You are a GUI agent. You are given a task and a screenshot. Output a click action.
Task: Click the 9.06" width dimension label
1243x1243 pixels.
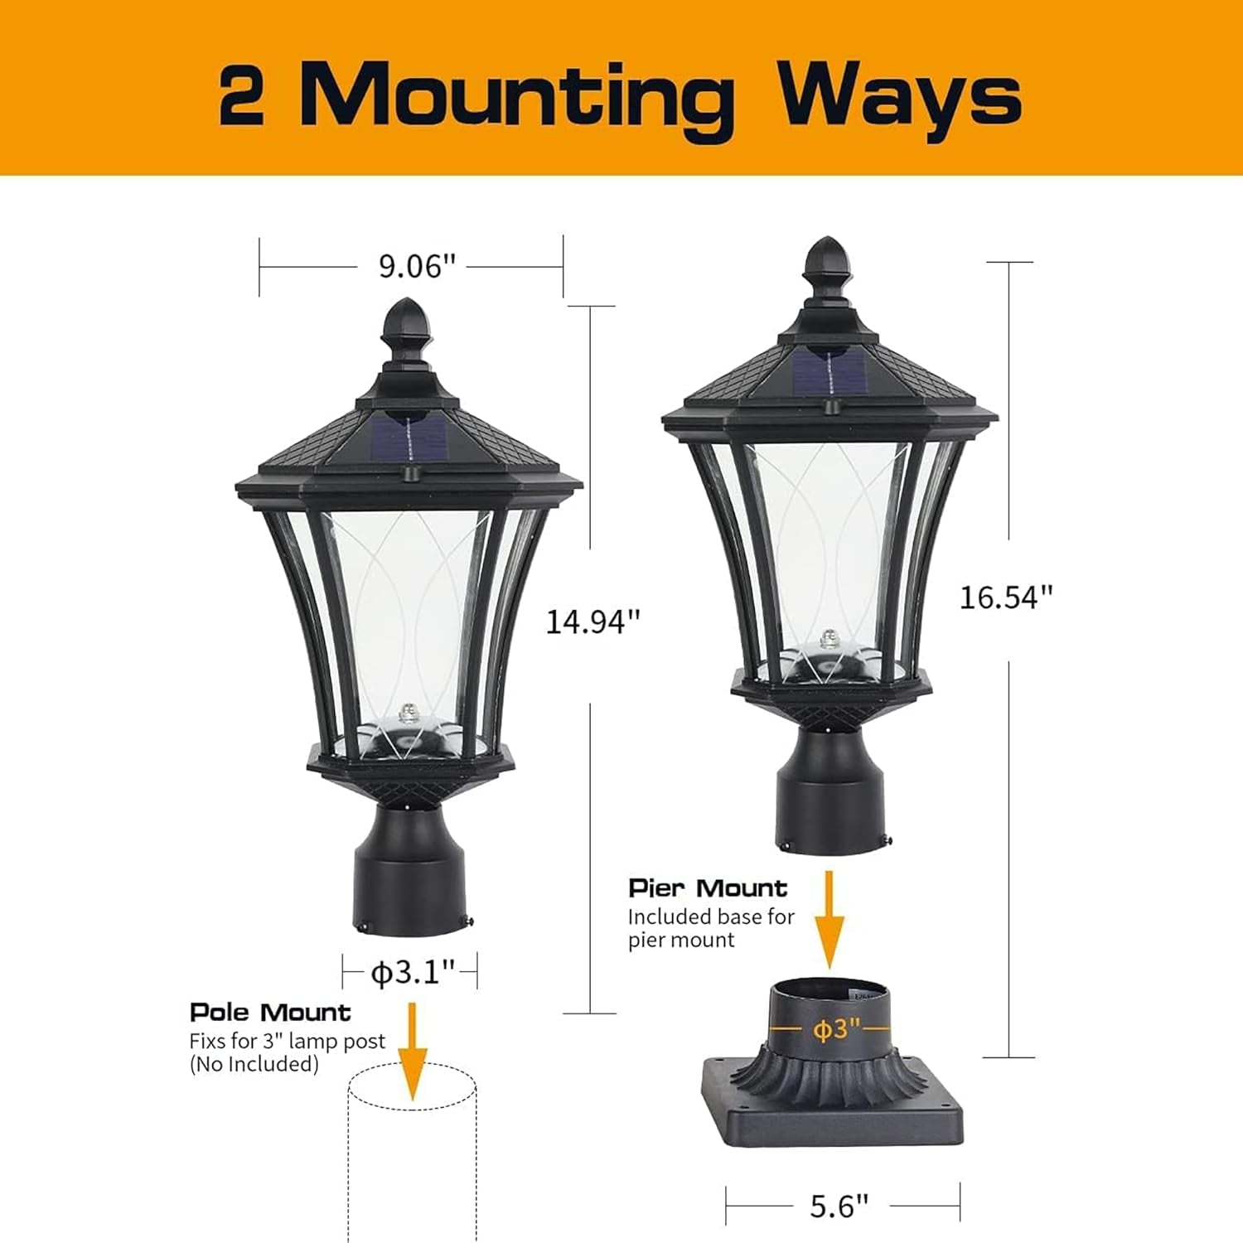[x=418, y=267]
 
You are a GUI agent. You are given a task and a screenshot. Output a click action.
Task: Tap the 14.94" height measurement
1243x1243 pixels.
[x=592, y=621]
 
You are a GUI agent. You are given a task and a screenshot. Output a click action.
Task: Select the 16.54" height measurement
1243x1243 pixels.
[x=1005, y=597]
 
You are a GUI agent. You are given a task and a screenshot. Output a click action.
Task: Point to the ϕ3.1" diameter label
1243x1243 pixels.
[x=412, y=971]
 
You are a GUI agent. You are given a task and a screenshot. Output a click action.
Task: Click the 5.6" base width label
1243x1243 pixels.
[x=839, y=1206]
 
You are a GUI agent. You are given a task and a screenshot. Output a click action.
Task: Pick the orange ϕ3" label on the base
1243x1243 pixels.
[x=838, y=1030]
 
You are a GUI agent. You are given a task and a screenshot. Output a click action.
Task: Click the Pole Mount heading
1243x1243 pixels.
[x=270, y=1013]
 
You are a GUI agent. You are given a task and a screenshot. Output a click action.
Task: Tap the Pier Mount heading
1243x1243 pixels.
[x=708, y=888]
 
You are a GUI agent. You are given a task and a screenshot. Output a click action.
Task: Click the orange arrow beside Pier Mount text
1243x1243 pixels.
[x=829, y=920]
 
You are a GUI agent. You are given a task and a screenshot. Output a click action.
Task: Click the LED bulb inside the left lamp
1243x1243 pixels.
[x=407, y=713]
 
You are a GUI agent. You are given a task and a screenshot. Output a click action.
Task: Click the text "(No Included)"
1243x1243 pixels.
[x=254, y=1064]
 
